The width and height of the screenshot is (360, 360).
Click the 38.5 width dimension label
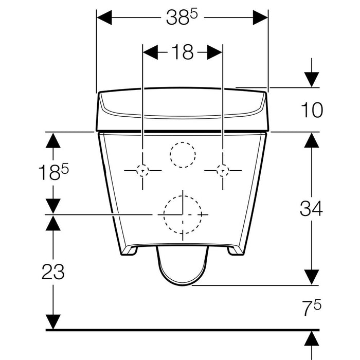[182, 17]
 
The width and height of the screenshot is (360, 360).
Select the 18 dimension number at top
[183, 52]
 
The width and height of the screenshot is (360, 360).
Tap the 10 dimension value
[312, 110]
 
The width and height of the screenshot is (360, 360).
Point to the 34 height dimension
[311, 208]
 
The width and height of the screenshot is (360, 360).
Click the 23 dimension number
[53, 272]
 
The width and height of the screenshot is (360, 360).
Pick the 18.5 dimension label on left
[53, 172]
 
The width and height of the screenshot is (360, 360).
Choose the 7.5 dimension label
[312, 308]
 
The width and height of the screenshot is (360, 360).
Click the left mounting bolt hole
[142, 171]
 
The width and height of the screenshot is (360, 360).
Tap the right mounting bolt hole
[223, 171]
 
